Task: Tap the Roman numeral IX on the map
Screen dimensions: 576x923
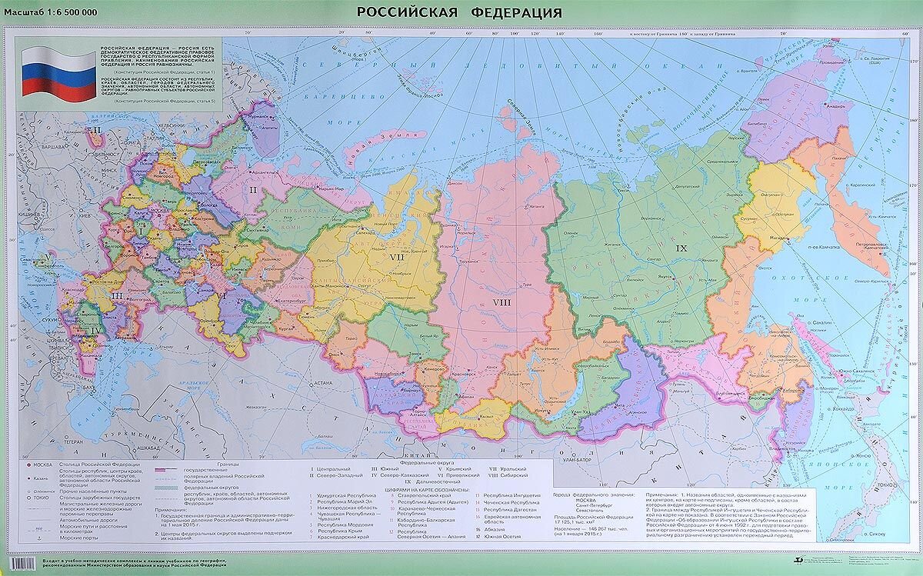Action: point(681,248)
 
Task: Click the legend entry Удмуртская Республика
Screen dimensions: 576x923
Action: point(341,496)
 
